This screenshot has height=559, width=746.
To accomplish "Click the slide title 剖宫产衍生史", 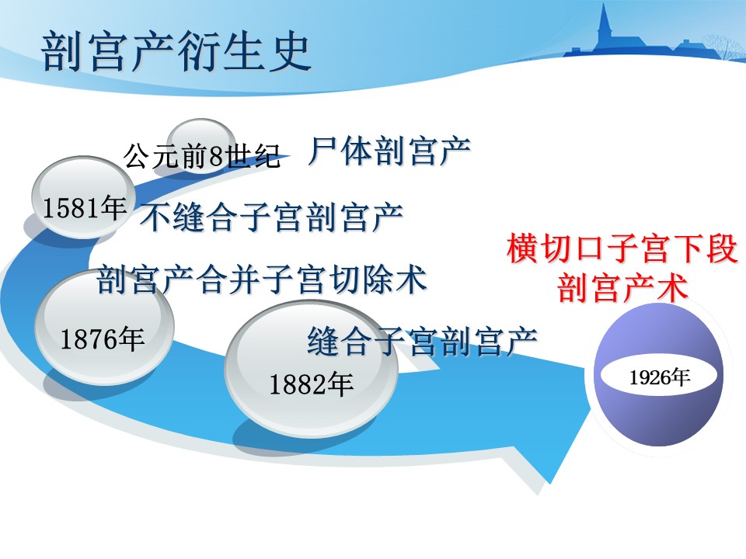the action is [x=176, y=51].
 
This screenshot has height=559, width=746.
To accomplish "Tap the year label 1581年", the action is [x=84, y=208].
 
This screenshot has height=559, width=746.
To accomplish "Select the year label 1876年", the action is [x=103, y=339].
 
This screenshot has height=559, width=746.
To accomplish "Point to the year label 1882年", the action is [x=311, y=384].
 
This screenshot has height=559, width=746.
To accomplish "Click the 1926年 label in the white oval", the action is [x=660, y=377].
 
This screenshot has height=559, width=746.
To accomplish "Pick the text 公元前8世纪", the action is [x=203, y=155].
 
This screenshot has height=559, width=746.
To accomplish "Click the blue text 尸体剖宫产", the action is [x=389, y=151].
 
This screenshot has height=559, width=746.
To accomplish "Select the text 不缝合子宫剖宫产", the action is [x=272, y=217].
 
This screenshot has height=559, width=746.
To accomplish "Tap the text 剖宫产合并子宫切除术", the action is [x=261, y=279].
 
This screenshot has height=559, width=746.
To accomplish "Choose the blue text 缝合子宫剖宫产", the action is [x=422, y=341].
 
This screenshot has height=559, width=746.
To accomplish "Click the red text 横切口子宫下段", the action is [x=622, y=248].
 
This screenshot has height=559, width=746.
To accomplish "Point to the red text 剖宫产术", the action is [x=622, y=287].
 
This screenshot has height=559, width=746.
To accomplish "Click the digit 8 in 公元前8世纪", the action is [x=216, y=156].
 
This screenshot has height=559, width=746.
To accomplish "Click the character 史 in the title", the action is [x=290, y=51].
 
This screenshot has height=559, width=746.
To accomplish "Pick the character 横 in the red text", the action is [x=523, y=248].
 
